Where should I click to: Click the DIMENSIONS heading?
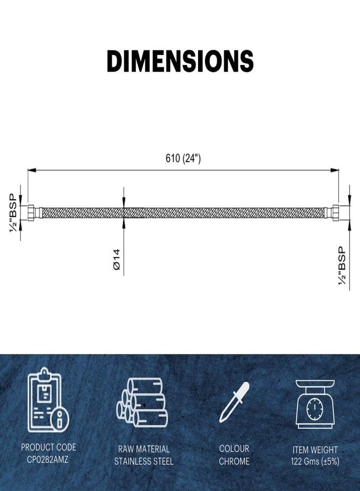[180, 61]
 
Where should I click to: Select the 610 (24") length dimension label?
[183, 158]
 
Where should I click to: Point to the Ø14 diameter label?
[116, 259]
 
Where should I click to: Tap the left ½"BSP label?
[13, 213]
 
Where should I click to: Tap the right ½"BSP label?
[342, 266]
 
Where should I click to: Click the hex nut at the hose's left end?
[33, 213]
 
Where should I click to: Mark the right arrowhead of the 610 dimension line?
[335, 170]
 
